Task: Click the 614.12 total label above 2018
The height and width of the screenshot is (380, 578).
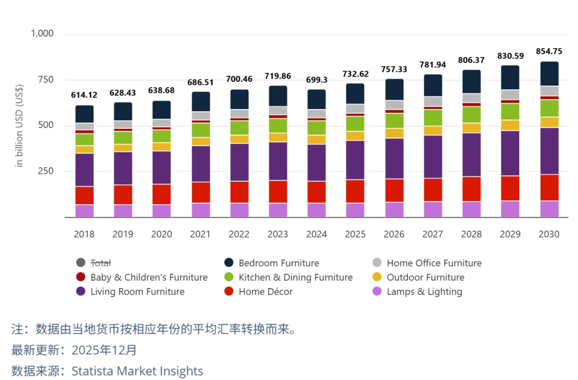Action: pyautogui.click(x=84, y=95)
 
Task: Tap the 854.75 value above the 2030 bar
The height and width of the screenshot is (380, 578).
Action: pyautogui.click(x=549, y=51)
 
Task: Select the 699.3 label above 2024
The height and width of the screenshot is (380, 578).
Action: pyautogui.click(x=317, y=80)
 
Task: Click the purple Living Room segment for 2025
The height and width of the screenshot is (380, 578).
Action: pyautogui.click(x=355, y=160)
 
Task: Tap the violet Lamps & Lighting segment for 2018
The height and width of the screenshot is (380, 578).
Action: pyautogui.click(x=85, y=211)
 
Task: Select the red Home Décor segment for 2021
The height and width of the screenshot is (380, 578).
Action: pyautogui.click(x=201, y=192)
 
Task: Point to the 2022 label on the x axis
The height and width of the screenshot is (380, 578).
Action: pyautogui.click(x=239, y=234)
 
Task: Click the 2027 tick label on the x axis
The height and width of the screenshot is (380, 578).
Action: pyautogui.click(x=433, y=234)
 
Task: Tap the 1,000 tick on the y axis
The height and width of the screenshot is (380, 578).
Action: pyautogui.click(x=42, y=34)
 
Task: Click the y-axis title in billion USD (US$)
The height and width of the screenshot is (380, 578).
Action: pyautogui.click(x=20, y=126)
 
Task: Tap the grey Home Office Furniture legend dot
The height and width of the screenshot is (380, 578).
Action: pyautogui.click(x=377, y=263)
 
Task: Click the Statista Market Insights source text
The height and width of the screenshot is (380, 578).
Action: pyautogui.click(x=138, y=371)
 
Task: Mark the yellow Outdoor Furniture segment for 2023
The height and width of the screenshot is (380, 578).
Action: pyautogui.click(x=278, y=137)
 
